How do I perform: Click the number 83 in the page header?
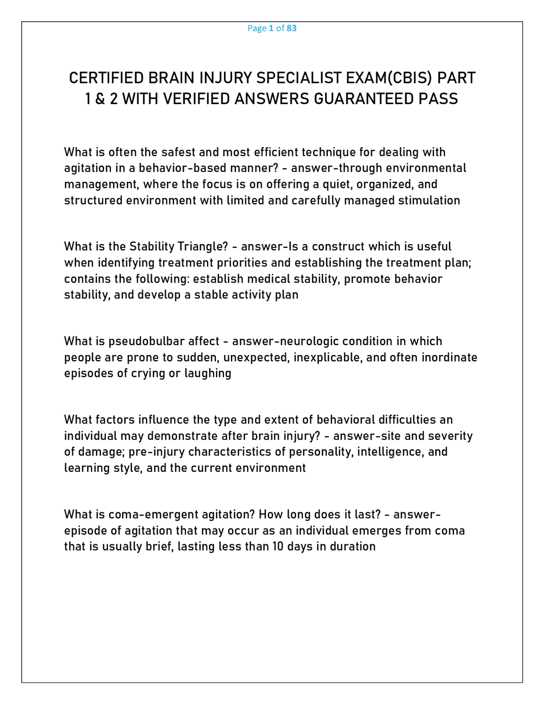pyautogui.click(x=292, y=28)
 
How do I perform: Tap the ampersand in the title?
pyautogui.click(x=100, y=99)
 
